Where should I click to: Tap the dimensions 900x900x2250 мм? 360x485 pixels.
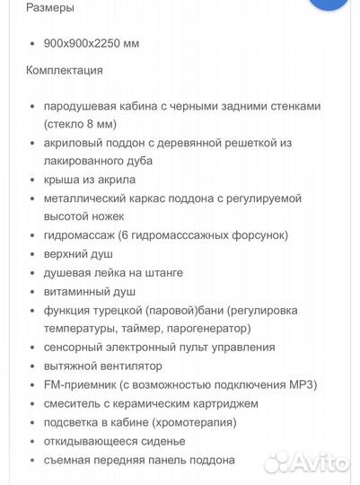click(91, 43)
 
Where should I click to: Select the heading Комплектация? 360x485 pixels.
click(65, 70)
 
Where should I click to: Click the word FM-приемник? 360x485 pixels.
click(79, 384)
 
